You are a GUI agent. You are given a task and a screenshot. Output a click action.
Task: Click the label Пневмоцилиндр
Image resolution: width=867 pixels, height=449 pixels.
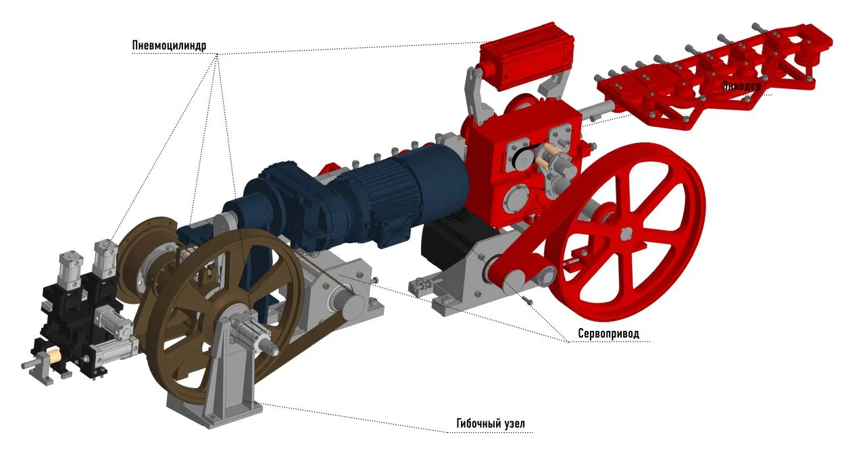(169, 45)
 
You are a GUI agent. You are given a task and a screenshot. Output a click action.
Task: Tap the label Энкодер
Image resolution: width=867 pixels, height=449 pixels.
(741, 86)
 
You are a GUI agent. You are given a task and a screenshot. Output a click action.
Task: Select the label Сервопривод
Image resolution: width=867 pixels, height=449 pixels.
(608, 334)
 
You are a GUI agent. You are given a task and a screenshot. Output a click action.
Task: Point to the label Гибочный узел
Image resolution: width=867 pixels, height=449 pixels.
(491, 423)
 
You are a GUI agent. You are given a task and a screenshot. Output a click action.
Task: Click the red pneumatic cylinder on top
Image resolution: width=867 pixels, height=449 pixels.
(526, 58)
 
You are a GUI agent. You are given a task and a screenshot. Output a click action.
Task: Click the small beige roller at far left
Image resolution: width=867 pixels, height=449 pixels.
(51, 354)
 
